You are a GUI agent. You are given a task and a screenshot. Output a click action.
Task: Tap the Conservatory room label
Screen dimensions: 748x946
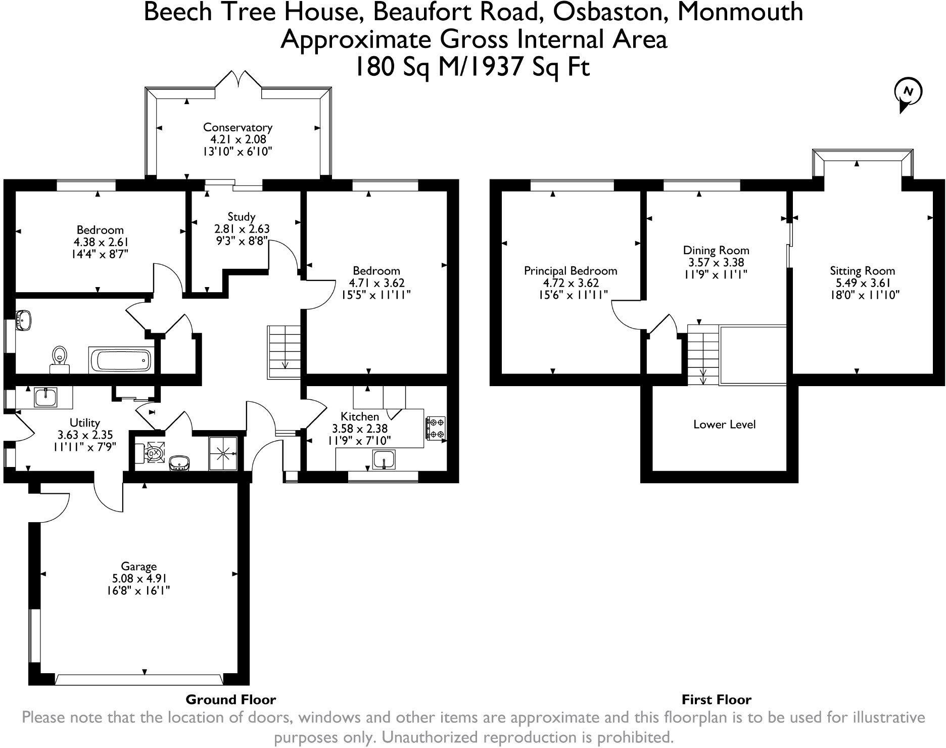point(238,127)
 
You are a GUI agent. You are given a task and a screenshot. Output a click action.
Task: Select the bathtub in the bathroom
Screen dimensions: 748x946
point(121,360)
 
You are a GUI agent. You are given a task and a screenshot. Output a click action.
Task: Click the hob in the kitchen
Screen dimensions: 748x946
point(436,428)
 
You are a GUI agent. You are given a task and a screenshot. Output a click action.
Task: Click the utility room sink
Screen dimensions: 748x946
point(47,397)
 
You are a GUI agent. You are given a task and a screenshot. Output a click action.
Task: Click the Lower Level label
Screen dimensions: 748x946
point(724,425)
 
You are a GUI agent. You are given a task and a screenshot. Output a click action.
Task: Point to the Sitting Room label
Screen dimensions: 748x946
point(862,271)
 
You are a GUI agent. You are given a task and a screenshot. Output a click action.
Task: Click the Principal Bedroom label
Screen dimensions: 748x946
point(571,271)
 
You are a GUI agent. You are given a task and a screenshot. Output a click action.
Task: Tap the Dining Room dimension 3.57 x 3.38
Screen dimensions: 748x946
point(716,263)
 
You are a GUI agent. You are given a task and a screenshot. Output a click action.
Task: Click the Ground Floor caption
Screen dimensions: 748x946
point(231,700)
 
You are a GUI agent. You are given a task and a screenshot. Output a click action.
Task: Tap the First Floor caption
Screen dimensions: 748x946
point(716,700)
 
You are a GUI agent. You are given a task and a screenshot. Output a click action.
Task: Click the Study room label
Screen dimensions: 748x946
point(242,217)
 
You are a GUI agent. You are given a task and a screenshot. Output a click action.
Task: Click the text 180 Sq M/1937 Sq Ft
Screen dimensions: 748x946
point(472,67)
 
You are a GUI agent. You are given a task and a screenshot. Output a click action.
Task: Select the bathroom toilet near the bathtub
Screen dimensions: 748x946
point(60,357)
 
